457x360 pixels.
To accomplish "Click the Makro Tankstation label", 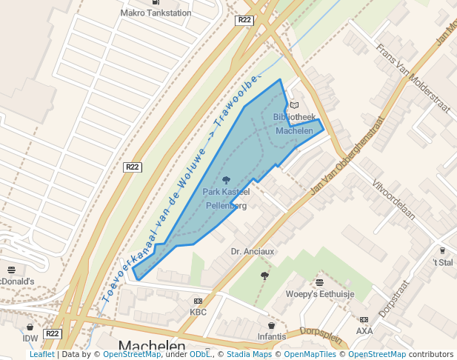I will (156, 13).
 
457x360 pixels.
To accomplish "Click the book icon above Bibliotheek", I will (294, 105).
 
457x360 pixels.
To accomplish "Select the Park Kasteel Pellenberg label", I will (226, 199).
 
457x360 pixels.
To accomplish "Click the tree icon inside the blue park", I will (226, 179).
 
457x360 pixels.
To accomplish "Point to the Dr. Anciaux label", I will (253, 251).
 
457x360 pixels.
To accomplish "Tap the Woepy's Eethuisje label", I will (321, 294).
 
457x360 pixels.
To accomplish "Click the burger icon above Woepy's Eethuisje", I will (319, 282).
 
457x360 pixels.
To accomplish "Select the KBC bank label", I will (198, 312).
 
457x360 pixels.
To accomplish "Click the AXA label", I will (364, 331).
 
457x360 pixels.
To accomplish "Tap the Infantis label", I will (272, 337).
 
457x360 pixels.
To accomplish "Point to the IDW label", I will (30, 339).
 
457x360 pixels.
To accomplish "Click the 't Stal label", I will (443, 262).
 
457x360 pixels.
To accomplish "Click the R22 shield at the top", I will (245, 20).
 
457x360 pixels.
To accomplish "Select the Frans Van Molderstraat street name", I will (413, 79).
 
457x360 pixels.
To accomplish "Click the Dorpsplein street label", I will (322, 336).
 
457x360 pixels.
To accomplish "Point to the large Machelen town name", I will (152, 347).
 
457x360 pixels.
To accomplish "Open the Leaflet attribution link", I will (41, 355).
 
